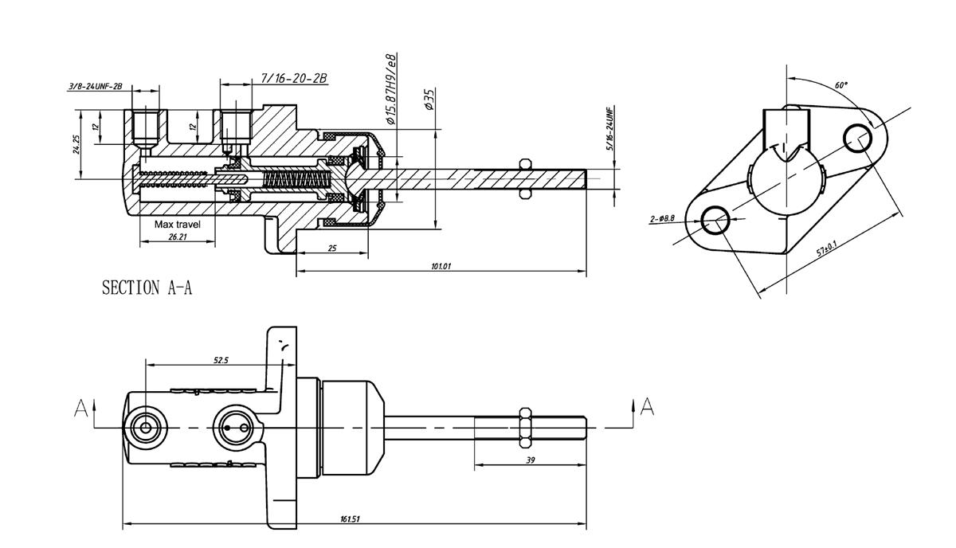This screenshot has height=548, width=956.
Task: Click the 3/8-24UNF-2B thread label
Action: [x=96, y=86]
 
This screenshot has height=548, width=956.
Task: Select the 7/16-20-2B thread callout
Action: [x=294, y=78]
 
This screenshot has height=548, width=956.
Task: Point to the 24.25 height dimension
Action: [x=76, y=143]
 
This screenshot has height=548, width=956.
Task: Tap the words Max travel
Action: [x=178, y=225]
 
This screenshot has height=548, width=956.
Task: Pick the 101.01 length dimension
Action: [x=441, y=267]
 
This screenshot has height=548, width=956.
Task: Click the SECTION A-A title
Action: [x=147, y=288]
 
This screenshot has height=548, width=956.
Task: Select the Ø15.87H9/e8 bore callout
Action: [x=391, y=89]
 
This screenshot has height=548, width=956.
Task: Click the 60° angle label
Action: [x=841, y=85]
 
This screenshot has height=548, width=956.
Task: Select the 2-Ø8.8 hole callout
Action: [x=663, y=217]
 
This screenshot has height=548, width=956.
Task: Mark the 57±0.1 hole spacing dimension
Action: [x=826, y=249]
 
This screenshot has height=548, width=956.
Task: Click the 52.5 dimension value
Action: [x=221, y=360]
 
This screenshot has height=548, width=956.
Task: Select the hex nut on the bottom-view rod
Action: [x=524, y=427]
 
